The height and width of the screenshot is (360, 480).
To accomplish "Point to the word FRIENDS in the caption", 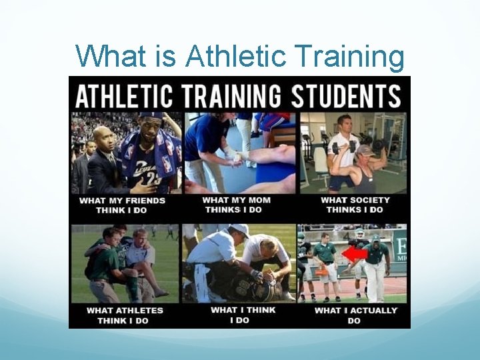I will pos(144,200).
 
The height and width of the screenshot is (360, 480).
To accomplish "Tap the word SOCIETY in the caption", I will pos(369,200).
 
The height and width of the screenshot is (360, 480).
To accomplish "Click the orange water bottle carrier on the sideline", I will pos(323,269).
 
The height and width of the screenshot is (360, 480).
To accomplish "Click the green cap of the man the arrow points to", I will pos(375,238).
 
